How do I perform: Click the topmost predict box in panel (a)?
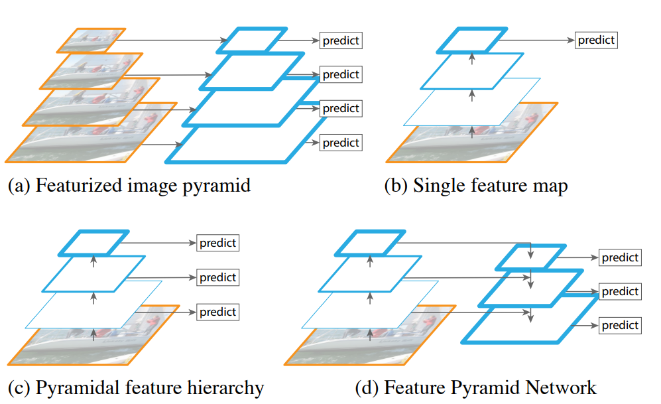341,40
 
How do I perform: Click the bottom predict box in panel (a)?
341,143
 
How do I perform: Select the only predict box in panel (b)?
596,40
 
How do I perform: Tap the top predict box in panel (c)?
218,243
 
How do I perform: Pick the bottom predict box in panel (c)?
218,312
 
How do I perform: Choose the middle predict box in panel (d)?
620,291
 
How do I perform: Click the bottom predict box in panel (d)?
620,326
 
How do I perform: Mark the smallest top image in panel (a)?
91,40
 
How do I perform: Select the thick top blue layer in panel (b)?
471,40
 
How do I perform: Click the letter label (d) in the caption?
365,387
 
